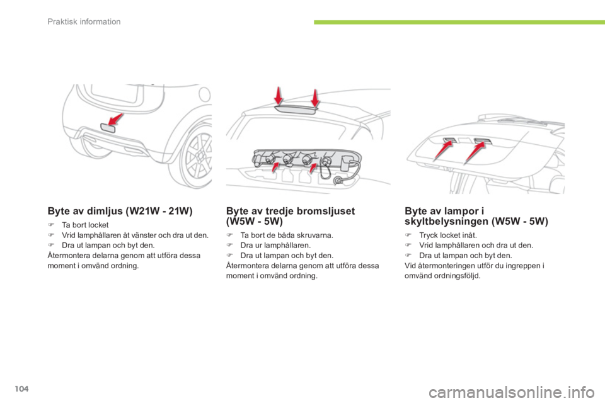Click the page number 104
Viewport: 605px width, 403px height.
[22, 389]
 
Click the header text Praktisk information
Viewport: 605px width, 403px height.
[84, 21]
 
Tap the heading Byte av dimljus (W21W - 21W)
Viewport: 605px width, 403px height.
[120, 211]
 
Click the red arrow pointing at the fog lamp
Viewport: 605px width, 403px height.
[116, 120]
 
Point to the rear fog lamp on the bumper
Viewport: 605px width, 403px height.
[108, 128]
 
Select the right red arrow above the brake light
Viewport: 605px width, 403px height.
[315, 98]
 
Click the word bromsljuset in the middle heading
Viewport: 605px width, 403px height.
[326, 211]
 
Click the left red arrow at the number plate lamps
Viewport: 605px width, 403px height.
[443, 150]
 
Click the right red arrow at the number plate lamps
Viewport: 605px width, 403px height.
[475, 152]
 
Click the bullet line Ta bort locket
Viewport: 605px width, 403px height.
[85, 225]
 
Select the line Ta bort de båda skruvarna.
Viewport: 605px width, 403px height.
[287, 236]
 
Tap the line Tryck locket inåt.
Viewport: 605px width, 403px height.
[448, 236]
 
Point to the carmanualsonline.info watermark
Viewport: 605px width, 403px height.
[511, 393]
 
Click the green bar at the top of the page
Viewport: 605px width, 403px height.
[459, 23]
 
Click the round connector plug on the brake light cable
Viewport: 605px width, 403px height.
[338, 180]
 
